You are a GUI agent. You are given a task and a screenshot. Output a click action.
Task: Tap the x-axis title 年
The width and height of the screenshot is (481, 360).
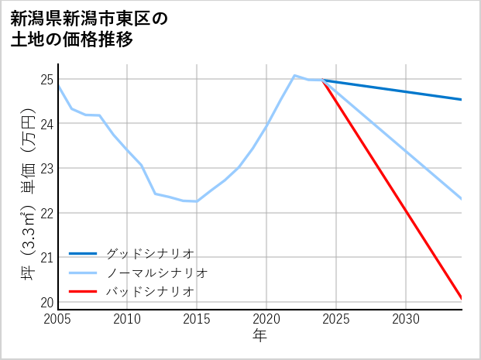tap(259, 336)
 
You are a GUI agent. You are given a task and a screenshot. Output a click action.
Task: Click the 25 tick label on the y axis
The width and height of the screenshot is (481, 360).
tap(46, 80)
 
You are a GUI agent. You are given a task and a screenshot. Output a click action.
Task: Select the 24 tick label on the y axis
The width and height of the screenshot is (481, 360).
tap(46, 124)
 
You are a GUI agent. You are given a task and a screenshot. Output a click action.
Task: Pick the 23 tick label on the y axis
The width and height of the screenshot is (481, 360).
tap(46, 169)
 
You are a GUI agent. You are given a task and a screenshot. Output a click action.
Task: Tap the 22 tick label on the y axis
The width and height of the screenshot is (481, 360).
tap(46, 213)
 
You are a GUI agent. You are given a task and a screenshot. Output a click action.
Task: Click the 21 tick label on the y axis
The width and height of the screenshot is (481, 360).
tap(46, 258)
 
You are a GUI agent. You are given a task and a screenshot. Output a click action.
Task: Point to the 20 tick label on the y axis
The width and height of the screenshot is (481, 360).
tap(46, 302)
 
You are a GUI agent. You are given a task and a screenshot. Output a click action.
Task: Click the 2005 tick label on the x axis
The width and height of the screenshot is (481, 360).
tap(58, 319)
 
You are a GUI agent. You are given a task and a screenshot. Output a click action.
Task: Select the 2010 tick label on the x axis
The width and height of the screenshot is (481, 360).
tap(127, 319)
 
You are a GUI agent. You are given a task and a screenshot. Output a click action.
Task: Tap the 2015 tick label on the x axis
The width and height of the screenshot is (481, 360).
tap(197, 319)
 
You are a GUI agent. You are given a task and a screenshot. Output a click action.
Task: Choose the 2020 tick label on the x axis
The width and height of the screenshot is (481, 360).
tap(266, 319)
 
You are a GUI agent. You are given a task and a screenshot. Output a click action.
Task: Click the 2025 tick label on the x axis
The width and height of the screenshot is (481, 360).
tap(336, 319)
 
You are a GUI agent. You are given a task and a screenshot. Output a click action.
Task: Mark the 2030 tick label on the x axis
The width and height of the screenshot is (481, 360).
tap(406, 319)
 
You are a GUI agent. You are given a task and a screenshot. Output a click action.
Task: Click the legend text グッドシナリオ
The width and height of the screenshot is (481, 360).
tap(149, 254)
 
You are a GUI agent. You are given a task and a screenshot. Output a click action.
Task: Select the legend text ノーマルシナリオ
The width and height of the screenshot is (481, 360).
tap(156, 273)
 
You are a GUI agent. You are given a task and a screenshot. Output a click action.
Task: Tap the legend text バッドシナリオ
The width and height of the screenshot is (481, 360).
tap(149, 291)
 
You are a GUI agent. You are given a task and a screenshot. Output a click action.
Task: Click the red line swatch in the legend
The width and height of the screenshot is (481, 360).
tap(83, 291)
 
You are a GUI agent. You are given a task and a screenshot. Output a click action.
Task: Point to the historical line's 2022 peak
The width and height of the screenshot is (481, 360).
tap(294, 75)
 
